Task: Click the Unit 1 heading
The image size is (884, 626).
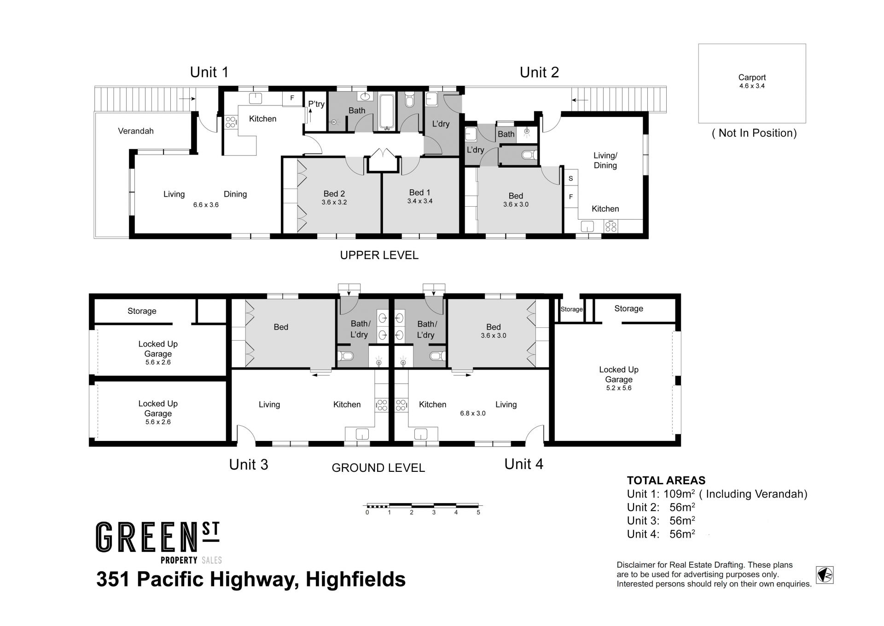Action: tap(209, 72)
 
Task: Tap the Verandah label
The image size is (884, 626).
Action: tap(136, 131)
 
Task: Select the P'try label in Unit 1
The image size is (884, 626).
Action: tap(316, 104)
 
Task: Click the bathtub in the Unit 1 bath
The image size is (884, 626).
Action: tap(386, 111)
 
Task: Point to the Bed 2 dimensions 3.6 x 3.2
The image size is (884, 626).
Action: tap(334, 202)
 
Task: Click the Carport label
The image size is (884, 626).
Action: tap(752, 77)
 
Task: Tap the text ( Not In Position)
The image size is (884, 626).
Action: tap(754, 133)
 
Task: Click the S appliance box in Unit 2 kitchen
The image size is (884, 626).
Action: tap(571, 179)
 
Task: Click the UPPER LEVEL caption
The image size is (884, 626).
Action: tap(379, 255)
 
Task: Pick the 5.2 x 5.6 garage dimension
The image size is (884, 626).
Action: tap(619, 388)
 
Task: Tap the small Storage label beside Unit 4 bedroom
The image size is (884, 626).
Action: tap(571, 309)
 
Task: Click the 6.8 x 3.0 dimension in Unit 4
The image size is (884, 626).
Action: tap(473, 413)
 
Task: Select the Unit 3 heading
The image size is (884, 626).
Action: tap(249, 464)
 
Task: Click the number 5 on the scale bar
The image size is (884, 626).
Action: tap(478, 512)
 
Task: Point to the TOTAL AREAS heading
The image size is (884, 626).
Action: tap(666, 481)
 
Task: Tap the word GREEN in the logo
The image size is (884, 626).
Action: tap(142, 537)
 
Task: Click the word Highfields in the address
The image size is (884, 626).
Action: tap(355, 579)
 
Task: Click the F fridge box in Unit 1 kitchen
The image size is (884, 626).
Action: tap(292, 98)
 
